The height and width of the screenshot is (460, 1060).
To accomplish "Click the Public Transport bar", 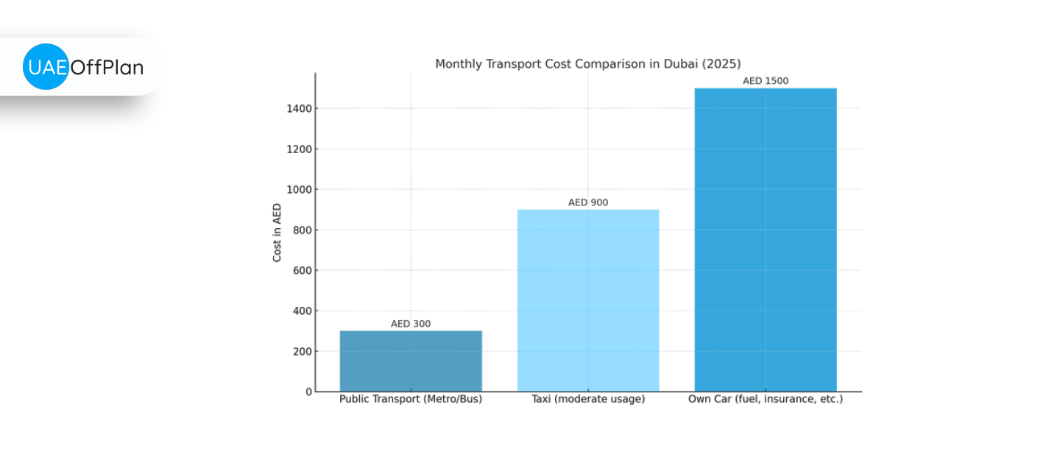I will pos(411,361).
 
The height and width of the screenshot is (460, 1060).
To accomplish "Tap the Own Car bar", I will pos(766,239).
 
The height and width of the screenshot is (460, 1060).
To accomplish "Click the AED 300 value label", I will pos(411,324).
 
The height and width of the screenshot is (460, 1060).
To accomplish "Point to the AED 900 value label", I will pos(588,202).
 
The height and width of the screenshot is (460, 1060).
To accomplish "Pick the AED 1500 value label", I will pos(766,81).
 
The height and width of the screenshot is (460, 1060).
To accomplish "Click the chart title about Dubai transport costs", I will pos(587,64).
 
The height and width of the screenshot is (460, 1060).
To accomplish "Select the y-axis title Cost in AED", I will pos(278,233).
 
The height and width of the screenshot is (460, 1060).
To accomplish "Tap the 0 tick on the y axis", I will pos(308,392).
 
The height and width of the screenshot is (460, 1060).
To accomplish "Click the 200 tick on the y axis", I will pos(303,351).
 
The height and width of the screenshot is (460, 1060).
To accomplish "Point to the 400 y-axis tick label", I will pos(303,311).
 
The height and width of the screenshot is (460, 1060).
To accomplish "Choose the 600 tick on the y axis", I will pos(303,270).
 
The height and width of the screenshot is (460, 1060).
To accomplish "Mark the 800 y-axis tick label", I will pos(303,230).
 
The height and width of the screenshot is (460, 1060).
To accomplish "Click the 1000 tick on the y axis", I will pos(300,189).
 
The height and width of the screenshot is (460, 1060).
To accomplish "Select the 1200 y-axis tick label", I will pos(300,149).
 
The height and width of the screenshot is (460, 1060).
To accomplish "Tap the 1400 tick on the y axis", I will pos(300,108).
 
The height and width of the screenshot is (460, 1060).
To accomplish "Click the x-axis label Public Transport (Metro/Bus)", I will pos(411,400).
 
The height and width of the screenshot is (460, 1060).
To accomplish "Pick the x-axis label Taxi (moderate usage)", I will pos(588,400).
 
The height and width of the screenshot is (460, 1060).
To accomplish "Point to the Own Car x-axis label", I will pos(766,400).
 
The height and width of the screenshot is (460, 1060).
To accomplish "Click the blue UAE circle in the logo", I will pos(46,67).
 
